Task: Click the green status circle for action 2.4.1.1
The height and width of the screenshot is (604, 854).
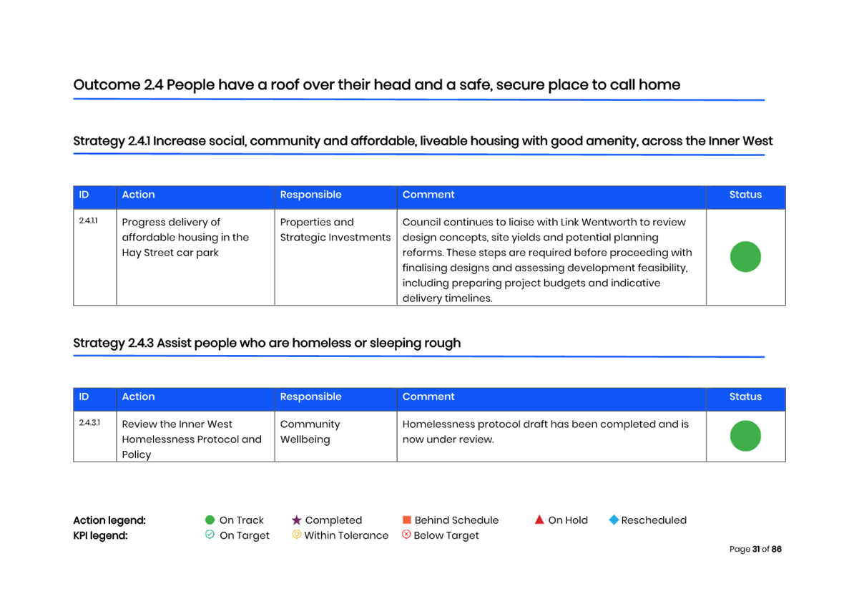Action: coord(745,257)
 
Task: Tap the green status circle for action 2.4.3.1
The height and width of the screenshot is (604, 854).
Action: coord(745,436)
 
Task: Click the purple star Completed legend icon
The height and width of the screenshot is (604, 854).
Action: coord(296,520)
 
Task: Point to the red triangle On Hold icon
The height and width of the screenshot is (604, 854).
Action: coord(539,520)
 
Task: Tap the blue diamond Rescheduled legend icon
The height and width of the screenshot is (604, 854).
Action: coord(614,520)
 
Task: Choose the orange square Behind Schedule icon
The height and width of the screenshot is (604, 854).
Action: coord(406,520)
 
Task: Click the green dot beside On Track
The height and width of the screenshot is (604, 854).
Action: coord(210,520)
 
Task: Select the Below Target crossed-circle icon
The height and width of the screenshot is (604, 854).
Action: coord(406,535)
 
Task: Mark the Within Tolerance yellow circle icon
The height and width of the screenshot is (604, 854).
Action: coord(296,535)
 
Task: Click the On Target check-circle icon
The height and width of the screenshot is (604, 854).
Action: coord(210,535)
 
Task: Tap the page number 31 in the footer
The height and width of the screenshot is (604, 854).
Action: coord(756,549)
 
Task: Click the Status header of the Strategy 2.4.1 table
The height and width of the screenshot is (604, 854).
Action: coord(745,195)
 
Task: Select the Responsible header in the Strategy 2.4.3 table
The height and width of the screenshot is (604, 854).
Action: coord(310,397)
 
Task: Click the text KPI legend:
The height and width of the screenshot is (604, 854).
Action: coord(100,535)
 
